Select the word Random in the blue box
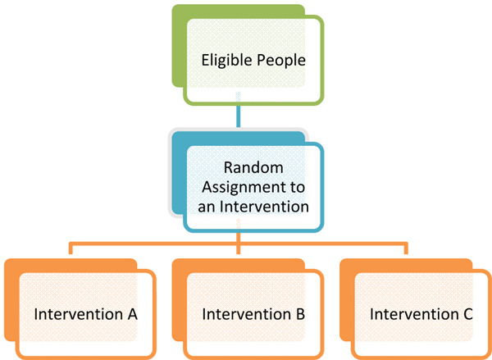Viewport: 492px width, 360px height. [x=253, y=168]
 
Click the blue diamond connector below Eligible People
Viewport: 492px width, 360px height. [x=238, y=116]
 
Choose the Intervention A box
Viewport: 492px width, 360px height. [x=86, y=314]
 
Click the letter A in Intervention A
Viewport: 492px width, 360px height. [x=133, y=314]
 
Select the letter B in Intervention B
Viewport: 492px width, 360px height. [x=300, y=314]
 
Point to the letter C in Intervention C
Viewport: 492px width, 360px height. [x=467, y=314]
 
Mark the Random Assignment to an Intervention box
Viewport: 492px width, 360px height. [x=253, y=187]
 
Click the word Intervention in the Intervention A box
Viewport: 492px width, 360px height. [x=79, y=314]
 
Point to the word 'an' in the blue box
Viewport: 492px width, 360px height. [x=207, y=207]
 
